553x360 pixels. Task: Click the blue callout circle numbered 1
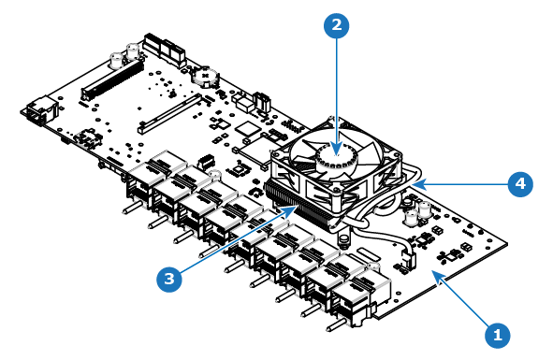coord(498,334)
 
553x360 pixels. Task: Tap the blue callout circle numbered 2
coord(337,25)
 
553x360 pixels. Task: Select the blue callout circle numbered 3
coord(169,279)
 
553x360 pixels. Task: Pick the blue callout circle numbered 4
coord(520,183)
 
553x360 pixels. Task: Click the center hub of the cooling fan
coord(335,157)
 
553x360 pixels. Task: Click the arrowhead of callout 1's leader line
coord(438,276)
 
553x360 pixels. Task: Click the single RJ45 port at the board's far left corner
coord(39,110)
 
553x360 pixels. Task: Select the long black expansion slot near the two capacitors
coord(112,79)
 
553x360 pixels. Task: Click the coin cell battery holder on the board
coord(205,77)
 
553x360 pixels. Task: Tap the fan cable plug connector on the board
coord(408,259)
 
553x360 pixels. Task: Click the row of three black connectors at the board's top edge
coord(165,50)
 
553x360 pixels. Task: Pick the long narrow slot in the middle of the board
coord(170,113)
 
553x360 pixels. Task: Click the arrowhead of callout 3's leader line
coord(292,210)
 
